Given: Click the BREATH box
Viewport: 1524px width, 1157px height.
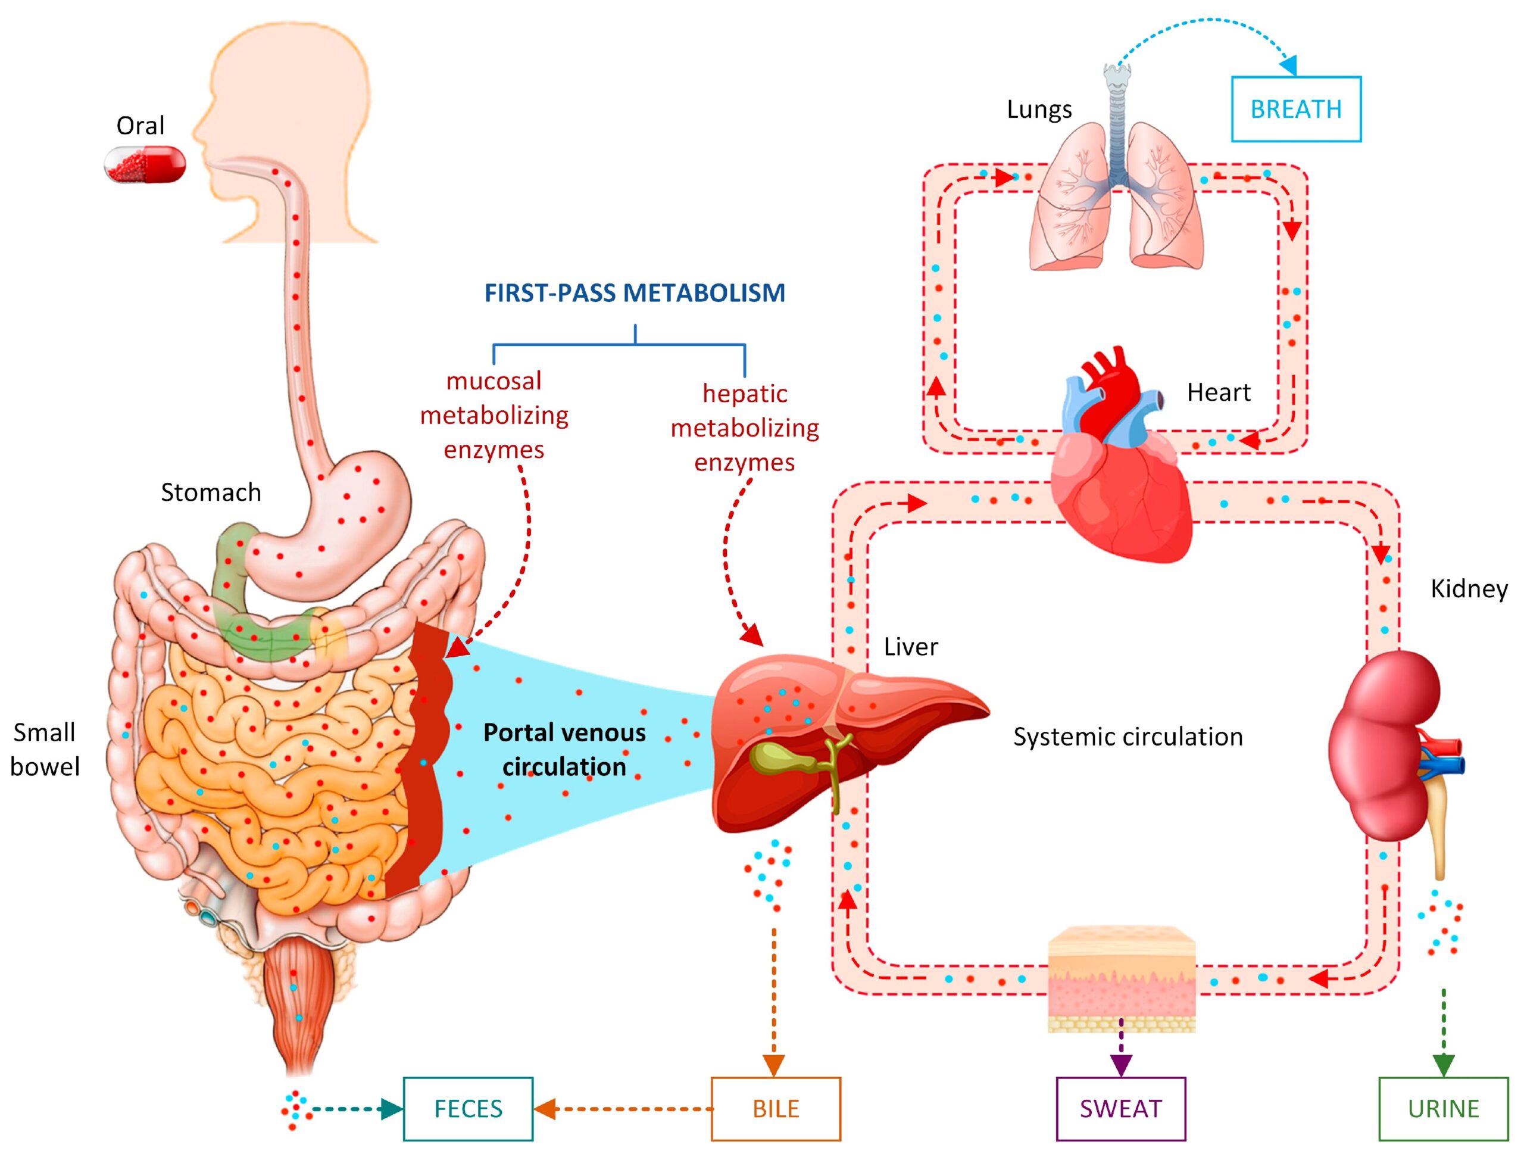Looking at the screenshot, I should coord(1295,109).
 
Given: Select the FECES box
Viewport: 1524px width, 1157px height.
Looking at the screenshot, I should coord(468,1108).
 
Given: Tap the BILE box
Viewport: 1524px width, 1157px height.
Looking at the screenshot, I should coord(776,1108).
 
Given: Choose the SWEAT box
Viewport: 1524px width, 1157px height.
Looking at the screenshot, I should coord(1120,1108).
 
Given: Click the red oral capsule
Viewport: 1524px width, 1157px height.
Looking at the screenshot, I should coord(145,165).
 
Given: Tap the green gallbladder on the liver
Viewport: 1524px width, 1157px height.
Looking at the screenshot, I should coord(779,758).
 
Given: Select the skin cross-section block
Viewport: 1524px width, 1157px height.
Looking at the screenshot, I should coord(1121,978).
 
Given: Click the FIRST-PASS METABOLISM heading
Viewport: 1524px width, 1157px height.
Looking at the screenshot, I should coord(635,293).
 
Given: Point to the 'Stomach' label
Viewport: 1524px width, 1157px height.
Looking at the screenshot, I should coord(211,492).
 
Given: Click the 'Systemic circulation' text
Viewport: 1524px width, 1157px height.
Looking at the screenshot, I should coord(1128,737).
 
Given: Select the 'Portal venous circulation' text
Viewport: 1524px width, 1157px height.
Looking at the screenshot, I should coord(564,749).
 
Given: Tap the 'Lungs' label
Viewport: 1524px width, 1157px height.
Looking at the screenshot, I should coord(1039,110).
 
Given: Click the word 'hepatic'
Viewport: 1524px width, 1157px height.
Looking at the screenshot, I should coord(745,394).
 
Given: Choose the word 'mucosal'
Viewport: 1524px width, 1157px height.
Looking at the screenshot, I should coord(494,381).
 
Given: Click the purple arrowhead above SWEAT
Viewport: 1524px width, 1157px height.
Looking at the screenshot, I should coord(1121,1064).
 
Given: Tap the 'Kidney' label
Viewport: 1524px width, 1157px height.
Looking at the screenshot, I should coord(1469,588).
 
